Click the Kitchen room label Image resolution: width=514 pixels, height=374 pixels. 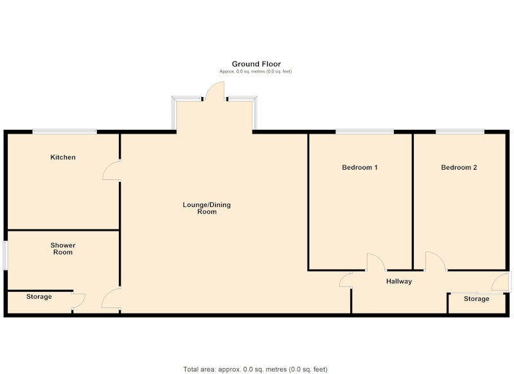63,157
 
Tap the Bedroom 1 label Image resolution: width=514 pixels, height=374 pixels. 360,168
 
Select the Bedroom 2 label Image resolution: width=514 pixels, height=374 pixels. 459,168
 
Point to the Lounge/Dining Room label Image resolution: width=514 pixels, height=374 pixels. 206,208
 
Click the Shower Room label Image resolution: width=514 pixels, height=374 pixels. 63,249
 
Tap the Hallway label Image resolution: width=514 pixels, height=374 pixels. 399,281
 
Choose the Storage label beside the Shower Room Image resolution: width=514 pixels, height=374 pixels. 39,297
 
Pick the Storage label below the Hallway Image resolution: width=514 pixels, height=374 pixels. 477,299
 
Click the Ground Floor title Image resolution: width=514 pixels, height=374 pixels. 256,64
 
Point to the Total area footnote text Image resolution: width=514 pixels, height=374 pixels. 255,370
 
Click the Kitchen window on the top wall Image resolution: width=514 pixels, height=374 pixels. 65,132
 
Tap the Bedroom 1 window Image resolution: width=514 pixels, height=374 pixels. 364,132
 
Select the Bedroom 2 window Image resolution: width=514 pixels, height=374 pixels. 460,132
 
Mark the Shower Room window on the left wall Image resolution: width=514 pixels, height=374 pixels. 5,256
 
